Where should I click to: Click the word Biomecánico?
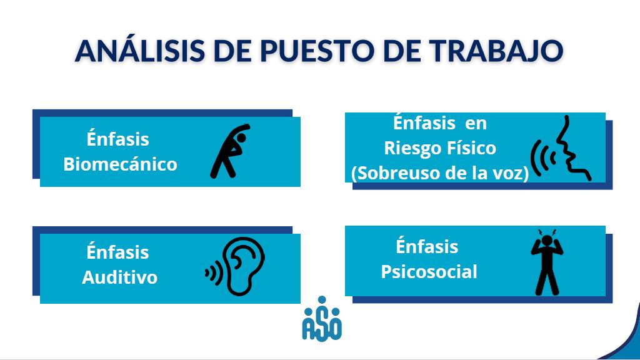(121, 164)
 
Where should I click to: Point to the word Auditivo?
(119, 277)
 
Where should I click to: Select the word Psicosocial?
(429, 272)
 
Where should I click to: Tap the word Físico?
(469, 147)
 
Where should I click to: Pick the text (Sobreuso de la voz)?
(440, 173)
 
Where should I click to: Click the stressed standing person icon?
(547, 262)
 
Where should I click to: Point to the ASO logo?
(322, 319)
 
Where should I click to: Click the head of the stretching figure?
(241, 138)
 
